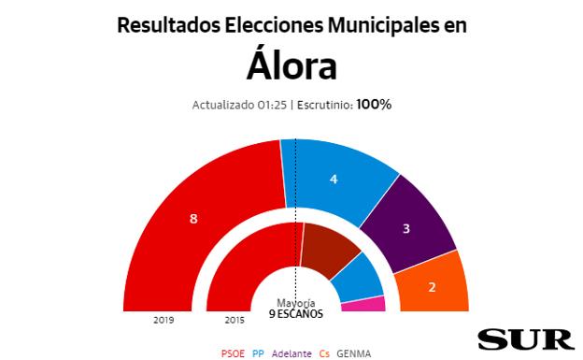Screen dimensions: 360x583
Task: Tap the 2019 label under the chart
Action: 164,320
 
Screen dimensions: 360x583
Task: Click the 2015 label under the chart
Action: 235,320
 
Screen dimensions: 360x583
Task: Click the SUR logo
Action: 525,339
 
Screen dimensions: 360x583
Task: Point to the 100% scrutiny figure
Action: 373,105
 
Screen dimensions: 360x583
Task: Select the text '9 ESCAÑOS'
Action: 295,314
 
